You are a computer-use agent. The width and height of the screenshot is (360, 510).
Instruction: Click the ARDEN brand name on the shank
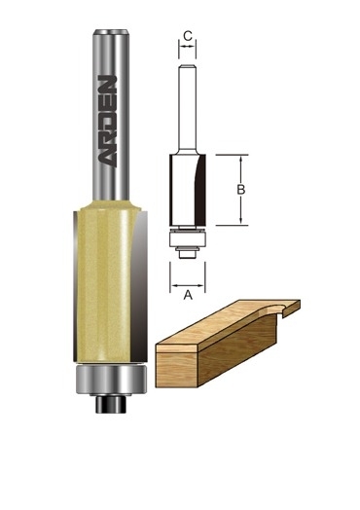pyautogui.click(x=107, y=122)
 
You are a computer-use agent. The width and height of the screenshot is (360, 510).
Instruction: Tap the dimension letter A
pyautogui.click(x=188, y=295)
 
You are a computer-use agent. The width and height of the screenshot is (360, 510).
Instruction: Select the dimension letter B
pyautogui.click(x=240, y=189)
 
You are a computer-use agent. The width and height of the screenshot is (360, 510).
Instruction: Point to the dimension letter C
pyautogui.click(x=188, y=36)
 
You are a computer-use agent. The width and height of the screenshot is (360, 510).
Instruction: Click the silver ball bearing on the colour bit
pyautogui.click(x=111, y=380)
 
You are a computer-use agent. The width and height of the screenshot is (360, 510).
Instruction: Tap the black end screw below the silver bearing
pyautogui.click(x=111, y=404)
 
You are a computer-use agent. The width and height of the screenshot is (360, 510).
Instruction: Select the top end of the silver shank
pyautogui.click(x=111, y=32)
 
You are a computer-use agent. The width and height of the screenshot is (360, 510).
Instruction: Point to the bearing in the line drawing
pyautogui.click(x=188, y=239)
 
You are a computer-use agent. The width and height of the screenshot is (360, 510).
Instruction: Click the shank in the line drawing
pyautogui.click(x=188, y=107)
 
